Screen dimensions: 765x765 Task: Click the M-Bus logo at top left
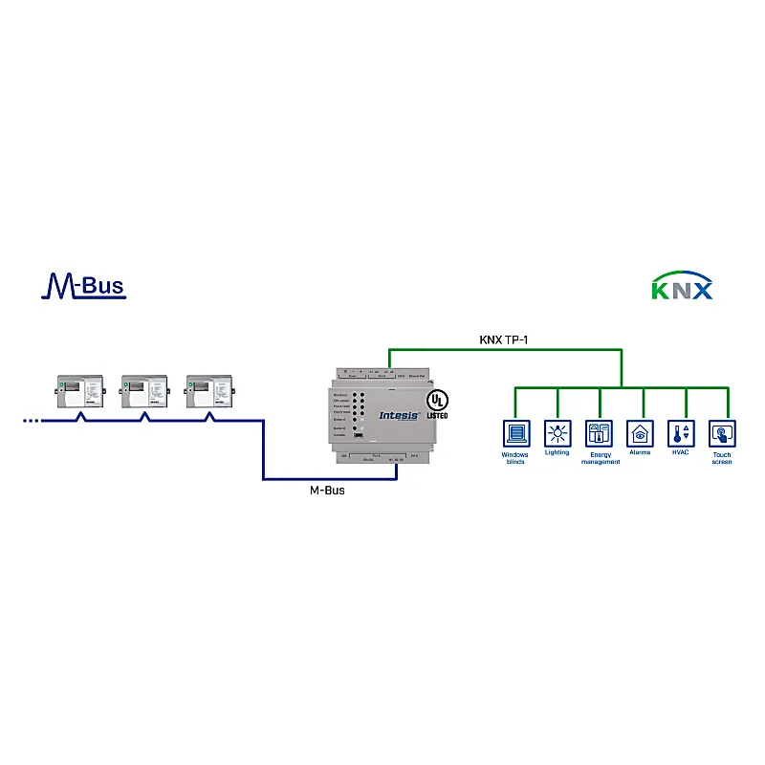pyautogui.click(x=83, y=285)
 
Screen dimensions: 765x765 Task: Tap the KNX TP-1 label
pyautogui.click(x=504, y=339)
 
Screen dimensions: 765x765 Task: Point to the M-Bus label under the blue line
pyautogui.click(x=327, y=491)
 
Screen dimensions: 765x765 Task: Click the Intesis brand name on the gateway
pyautogui.click(x=399, y=416)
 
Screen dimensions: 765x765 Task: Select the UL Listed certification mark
pyautogui.click(x=436, y=403)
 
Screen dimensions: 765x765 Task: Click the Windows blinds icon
pyautogui.click(x=516, y=433)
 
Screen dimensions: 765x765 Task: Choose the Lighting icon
pyautogui.click(x=557, y=433)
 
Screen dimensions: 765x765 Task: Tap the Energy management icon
pyautogui.click(x=600, y=433)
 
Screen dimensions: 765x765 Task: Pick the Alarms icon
pyautogui.click(x=640, y=433)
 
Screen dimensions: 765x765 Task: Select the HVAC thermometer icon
pyautogui.click(x=681, y=433)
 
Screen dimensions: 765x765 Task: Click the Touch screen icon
pyautogui.click(x=722, y=433)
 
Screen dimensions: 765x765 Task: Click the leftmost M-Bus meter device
pyautogui.click(x=78, y=390)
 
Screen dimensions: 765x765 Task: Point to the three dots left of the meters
pyautogui.click(x=31, y=420)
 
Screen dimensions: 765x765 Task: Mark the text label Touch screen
pyautogui.click(x=722, y=458)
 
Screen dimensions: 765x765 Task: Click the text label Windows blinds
pyautogui.click(x=515, y=458)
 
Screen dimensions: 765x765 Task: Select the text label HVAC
pyautogui.click(x=681, y=452)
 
